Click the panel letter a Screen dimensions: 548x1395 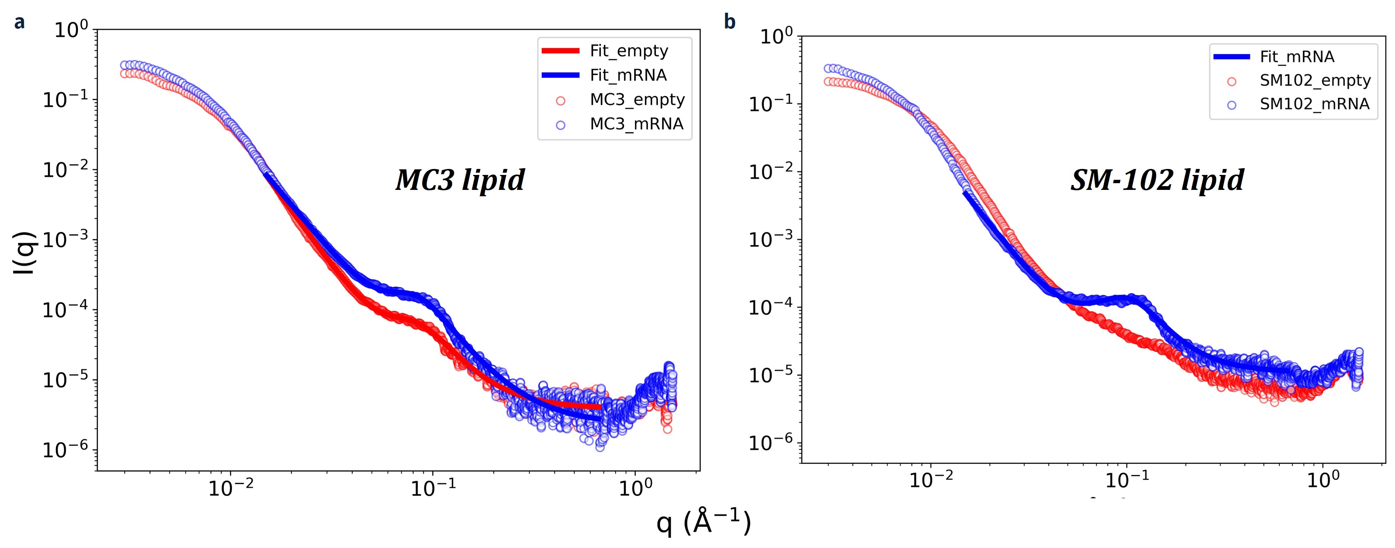(19, 22)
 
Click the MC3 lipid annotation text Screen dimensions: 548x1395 (460, 180)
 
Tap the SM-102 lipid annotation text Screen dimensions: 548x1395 (1157, 180)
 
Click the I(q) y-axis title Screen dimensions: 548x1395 (24, 253)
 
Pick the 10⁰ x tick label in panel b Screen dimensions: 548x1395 (1323, 480)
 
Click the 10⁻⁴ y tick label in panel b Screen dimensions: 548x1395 (770, 307)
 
